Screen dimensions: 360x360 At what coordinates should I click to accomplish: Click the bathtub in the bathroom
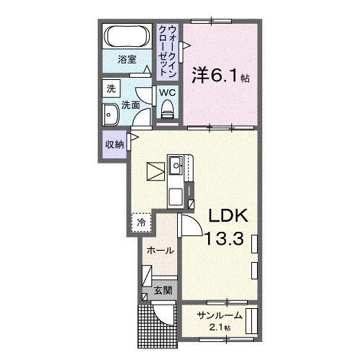127,37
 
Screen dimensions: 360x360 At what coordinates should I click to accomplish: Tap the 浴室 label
127,59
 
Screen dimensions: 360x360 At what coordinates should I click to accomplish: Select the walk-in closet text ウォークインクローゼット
168,51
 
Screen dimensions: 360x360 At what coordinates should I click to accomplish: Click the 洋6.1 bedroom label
220,75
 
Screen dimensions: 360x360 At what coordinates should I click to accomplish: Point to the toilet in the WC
167,109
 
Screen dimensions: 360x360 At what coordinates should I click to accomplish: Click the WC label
168,92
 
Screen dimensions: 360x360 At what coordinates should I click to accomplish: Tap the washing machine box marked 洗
111,89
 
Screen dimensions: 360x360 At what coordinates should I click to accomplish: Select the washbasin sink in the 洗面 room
111,114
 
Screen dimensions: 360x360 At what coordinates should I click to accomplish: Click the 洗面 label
131,105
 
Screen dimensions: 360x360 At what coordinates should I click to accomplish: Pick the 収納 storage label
114,145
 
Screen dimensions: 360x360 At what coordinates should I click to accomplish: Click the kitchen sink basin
176,165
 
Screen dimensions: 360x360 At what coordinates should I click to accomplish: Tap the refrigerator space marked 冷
141,222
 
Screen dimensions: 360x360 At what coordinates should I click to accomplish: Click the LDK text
228,215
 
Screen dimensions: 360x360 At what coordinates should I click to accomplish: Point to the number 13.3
224,238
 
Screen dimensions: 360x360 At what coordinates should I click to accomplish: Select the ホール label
160,251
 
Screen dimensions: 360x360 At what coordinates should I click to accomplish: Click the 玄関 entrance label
163,291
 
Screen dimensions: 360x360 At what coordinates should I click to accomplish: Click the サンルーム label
220,315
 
